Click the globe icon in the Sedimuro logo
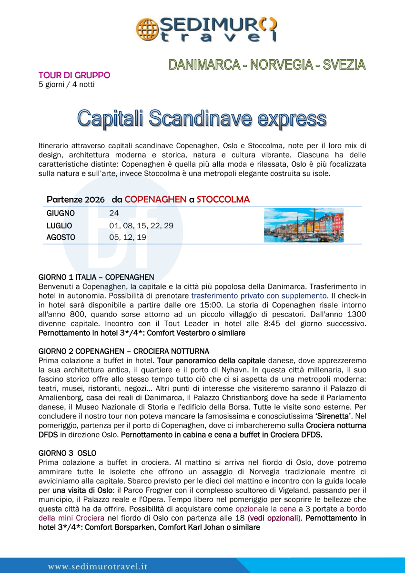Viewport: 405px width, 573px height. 146,29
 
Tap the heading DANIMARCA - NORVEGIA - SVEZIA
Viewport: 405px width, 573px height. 267,65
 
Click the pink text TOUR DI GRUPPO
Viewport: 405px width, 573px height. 74,75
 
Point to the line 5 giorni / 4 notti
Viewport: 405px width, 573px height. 66,85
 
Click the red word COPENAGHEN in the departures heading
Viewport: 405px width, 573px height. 155,199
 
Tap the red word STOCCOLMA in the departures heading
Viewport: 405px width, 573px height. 223,199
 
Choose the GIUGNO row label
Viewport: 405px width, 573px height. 61,213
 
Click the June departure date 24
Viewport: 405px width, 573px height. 114,213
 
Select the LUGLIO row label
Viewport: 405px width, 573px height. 60,225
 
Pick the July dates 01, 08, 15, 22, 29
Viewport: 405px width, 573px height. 141,225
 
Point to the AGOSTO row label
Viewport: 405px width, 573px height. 61,237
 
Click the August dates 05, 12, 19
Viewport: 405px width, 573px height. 128,237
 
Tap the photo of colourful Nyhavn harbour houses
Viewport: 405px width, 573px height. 304,225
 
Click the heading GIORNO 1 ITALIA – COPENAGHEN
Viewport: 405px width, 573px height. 96,277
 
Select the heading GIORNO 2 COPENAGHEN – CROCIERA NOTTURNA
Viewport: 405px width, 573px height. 123,351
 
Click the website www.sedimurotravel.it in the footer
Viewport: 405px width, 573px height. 98,566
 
